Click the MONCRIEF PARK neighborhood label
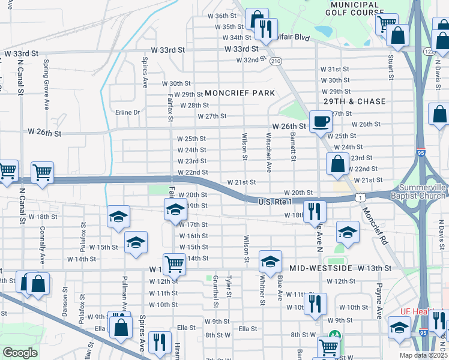point(240,93)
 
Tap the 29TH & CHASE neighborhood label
point(354,101)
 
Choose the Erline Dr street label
point(127,112)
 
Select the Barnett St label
point(294,148)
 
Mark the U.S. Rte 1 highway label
point(274,202)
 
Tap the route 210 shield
point(276,61)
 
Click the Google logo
point(20,353)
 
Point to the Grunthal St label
point(215,287)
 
